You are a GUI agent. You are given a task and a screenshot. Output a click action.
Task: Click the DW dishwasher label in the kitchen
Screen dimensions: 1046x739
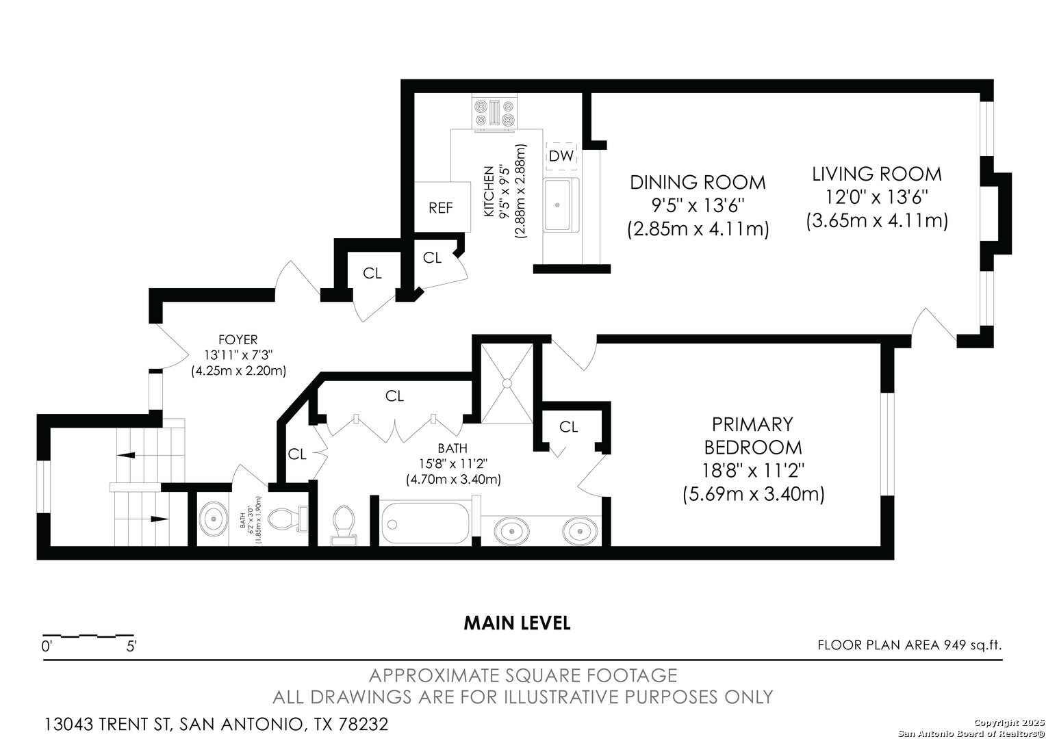point(561,156)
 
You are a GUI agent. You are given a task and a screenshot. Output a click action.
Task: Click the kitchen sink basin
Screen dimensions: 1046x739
point(557,205)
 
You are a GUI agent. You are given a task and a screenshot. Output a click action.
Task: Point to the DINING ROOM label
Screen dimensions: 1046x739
point(698,182)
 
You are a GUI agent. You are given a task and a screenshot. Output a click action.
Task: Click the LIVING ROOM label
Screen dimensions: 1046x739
point(876,174)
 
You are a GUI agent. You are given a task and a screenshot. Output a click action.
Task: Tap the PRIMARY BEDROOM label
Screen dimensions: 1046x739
point(753,436)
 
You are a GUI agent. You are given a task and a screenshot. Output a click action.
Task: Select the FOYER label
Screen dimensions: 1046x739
point(238,339)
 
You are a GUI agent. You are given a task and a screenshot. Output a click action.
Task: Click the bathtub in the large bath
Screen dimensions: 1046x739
point(425,523)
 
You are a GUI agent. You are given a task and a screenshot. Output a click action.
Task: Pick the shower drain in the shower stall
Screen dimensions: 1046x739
point(507,383)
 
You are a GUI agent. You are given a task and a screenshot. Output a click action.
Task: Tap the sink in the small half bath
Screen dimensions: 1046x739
point(214,519)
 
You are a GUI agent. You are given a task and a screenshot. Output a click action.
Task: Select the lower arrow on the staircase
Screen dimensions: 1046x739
point(160,519)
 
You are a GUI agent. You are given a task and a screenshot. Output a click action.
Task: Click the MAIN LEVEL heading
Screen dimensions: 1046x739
point(517,623)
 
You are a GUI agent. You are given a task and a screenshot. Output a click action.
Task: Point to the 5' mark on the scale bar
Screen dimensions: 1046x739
point(131,647)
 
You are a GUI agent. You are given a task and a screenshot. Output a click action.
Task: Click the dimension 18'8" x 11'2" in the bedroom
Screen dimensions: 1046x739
point(753,471)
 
